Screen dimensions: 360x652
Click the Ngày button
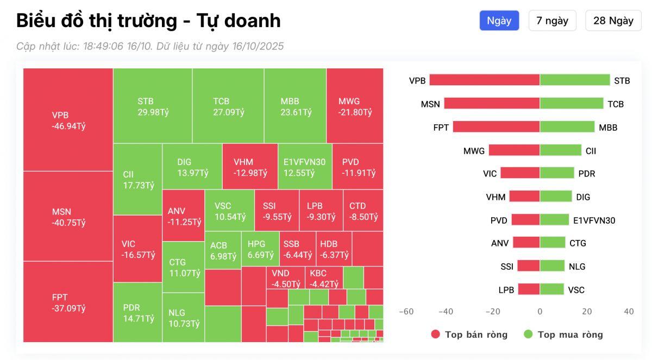(x=499, y=21)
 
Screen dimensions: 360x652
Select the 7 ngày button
(x=552, y=21)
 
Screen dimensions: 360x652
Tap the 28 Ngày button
(x=613, y=21)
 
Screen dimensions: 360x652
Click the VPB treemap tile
(x=68, y=120)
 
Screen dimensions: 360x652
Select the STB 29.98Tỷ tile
(x=153, y=106)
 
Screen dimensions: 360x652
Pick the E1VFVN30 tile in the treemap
(x=304, y=167)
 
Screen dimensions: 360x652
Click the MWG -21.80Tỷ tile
(x=355, y=106)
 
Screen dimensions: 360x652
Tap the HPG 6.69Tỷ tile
(x=260, y=249)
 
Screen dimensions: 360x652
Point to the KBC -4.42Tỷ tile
(x=324, y=277)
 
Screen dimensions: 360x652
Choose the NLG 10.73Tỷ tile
(x=183, y=318)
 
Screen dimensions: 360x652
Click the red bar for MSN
(x=492, y=103)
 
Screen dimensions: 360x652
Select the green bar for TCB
(x=572, y=103)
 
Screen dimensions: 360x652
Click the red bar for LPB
(x=529, y=289)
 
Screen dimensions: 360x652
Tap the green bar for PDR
(x=557, y=173)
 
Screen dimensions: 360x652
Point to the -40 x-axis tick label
(x=446, y=312)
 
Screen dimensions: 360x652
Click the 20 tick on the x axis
(x=587, y=312)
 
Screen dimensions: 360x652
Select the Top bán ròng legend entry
(x=469, y=334)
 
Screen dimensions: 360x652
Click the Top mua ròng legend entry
(x=563, y=334)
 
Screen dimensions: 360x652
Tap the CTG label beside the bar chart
(x=578, y=243)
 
